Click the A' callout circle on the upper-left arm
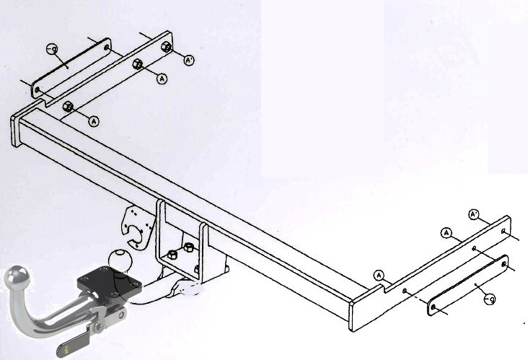[x=189, y=61]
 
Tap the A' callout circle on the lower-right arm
[x=474, y=214]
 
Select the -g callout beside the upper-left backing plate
[x=52, y=49]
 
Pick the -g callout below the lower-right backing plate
[x=490, y=299]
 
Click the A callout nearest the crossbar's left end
[x=94, y=121]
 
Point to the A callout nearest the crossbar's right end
[x=379, y=276]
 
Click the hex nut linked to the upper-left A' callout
[x=167, y=47]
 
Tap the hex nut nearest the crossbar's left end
[x=68, y=106]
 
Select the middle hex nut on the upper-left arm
[x=137, y=63]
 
